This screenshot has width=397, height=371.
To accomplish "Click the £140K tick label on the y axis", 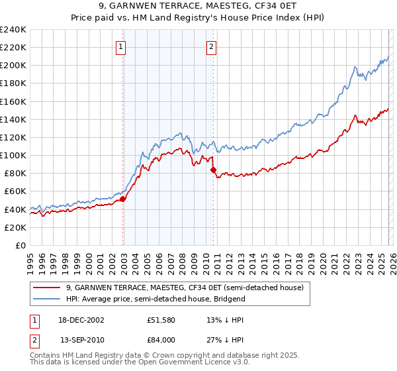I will (13, 119).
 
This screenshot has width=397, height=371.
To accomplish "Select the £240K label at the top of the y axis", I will (13, 30).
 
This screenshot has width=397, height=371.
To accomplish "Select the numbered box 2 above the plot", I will (211, 47).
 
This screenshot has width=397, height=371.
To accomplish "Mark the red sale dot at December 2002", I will (123, 199).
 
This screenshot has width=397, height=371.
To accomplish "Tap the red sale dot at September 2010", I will (213, 170).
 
